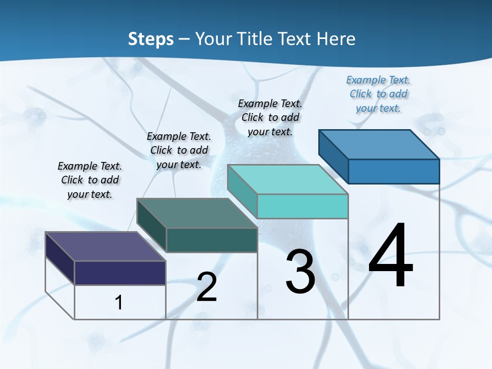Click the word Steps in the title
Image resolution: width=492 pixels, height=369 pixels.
[151, 39]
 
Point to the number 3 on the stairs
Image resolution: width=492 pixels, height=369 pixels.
[300, 272]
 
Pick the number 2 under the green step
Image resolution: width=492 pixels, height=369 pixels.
[207, 287]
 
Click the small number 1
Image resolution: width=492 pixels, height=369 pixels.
[119, 302]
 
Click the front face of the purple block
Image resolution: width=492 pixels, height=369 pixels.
[120, 273]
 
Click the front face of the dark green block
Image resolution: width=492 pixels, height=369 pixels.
[212, 240]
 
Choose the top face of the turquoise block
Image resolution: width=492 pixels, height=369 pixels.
[288, 179]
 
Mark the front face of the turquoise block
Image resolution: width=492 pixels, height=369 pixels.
[302, 206]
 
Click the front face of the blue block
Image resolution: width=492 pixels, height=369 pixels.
[394, 171]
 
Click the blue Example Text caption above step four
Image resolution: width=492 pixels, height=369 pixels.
[378, 94]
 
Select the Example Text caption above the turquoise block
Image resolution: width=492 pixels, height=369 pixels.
[270, 117]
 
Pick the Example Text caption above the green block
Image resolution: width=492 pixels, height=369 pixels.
[179, 150]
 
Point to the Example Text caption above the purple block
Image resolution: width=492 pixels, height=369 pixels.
[90, 180]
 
